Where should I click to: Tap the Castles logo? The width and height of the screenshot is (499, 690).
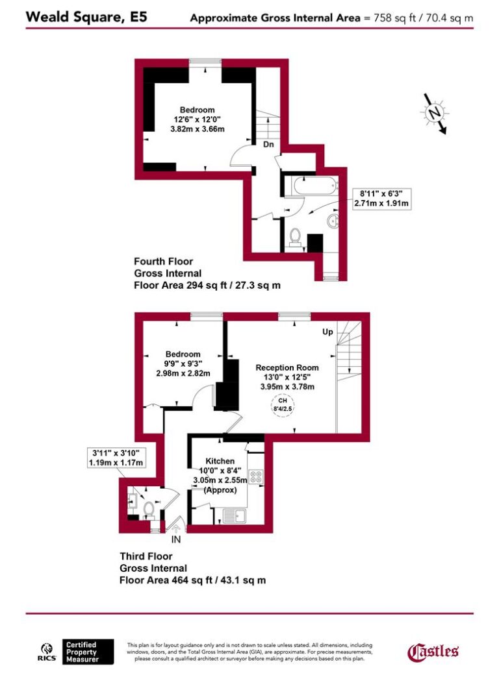[x=433, y=651]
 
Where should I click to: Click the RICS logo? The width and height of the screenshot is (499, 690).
[x=48, y=652]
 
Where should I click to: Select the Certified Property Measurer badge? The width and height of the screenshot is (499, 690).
[x=88, y=652]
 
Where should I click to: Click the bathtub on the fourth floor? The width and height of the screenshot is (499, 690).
[x=314, y=188]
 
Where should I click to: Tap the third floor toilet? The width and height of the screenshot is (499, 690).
[x=148, y=508]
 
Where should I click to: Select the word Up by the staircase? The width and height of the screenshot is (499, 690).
[x=327, y=332]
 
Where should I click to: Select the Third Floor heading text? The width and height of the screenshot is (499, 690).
[x=146, y=556]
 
